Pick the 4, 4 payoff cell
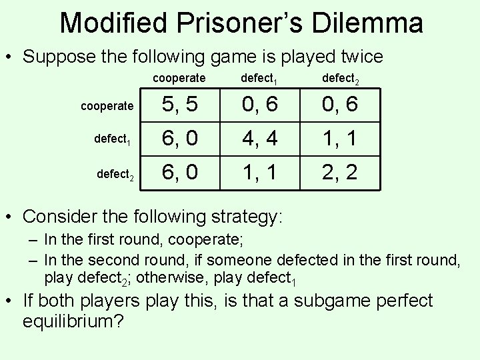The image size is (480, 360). [259, 139]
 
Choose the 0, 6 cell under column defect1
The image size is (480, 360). [259, 105]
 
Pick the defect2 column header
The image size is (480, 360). [340, 79]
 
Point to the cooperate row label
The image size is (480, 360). [107, 106]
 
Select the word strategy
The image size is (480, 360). [241, 217]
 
